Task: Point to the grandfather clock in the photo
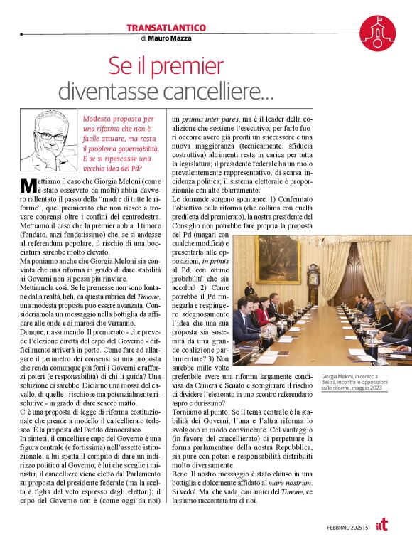coord(313,283)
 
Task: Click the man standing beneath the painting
coord(249,292)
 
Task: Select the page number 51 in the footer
coord(366,527)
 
